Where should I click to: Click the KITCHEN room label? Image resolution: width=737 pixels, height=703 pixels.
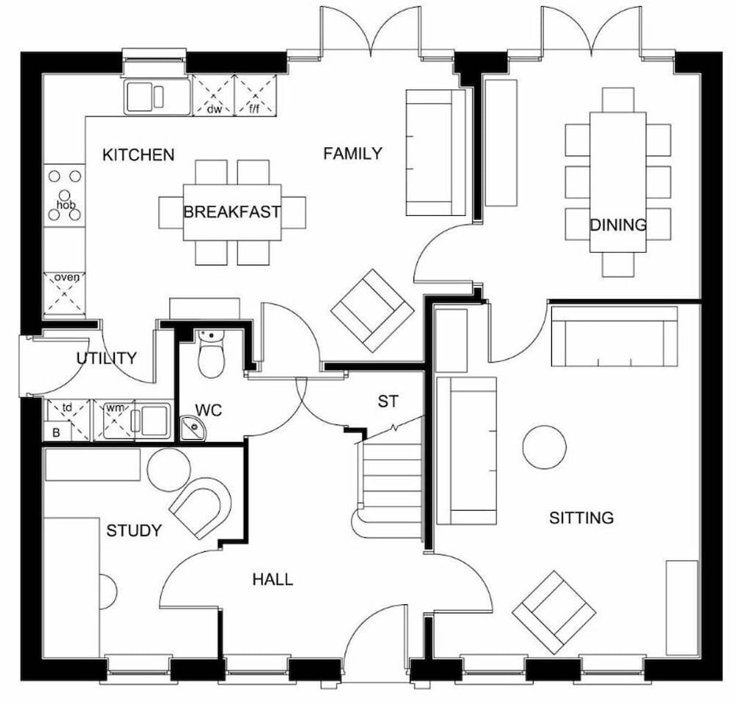pyautogui.click(x=138, y=155)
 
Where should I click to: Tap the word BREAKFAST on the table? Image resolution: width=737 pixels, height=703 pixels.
pyautogui.click(x=231, y=212)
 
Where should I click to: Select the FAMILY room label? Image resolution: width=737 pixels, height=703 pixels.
pyautogui.click(x=353, y=153)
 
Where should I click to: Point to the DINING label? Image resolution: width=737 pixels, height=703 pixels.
pyautogui.click(x=618, y=225)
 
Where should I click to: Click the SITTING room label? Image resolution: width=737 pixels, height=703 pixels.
pyautogui.click(x=581, y=518)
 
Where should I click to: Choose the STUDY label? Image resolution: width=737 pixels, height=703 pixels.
pyautogui.click(x=133, y=531)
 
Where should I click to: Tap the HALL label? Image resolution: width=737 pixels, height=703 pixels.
pyautogui.click(x=273, y=580)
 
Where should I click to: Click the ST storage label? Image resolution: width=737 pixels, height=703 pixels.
pyautogui.click(x=388, y=402)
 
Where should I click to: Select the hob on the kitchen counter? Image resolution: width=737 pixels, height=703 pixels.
pyautogui.click(x=65, y=195)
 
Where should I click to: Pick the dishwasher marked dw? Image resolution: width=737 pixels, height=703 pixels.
pyautogui.click(x=214, y=96)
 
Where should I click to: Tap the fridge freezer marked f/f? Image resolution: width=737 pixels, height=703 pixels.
pyautogui.click(x=255, y=96)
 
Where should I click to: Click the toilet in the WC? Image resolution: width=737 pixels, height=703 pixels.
pyautogui.click(x=211, y=355)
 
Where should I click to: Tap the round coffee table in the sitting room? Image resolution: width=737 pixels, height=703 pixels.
pyautogui.click(x=545, y=447)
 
